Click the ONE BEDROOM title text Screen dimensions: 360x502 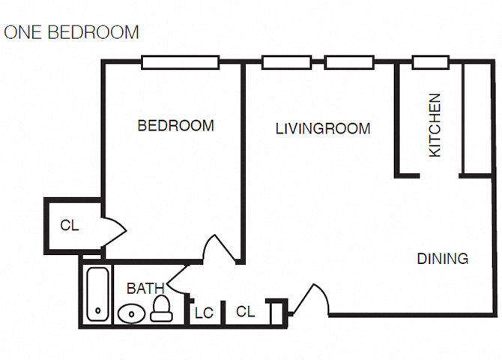(72, 32)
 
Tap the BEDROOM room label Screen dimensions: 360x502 (175, 126)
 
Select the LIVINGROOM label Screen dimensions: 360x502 (323, 129)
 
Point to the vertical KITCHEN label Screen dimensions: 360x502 (435, 124)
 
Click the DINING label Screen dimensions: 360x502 (442, 259)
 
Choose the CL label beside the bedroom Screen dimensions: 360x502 (69, 225)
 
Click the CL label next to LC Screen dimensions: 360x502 (244, 310)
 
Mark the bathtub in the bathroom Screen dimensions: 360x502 (96, 294)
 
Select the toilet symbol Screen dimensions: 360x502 (161, 308)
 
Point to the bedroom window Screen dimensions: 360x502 (181, 62)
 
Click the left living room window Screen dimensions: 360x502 (286, 62)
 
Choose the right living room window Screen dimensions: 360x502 (349, 62)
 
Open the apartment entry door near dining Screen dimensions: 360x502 (310, 300)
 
